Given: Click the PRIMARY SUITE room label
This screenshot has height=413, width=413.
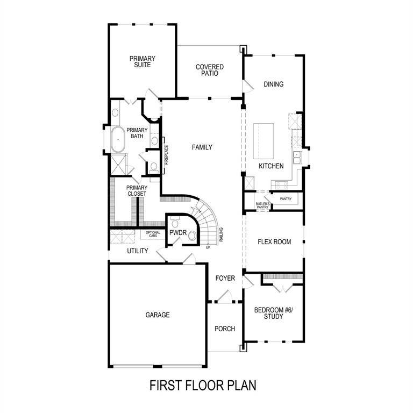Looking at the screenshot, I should point(143,61).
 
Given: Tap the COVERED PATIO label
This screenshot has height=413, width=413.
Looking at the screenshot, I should point(210,70).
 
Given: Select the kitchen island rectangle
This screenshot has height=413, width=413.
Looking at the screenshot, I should point(264,141).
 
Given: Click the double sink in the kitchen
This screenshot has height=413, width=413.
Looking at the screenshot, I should point(296,157).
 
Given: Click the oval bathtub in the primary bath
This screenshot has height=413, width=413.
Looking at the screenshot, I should point(117,140).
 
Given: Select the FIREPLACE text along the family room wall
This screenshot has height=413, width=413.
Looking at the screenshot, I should point(167,154).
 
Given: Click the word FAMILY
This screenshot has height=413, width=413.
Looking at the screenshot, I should point(202,147).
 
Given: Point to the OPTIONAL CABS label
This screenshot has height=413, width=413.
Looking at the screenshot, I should point(153,234).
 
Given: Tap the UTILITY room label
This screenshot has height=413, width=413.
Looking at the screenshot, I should point(138,251).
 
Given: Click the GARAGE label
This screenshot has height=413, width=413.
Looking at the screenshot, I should point(158,315).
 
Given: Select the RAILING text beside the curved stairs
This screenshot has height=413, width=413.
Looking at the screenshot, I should point(221,236).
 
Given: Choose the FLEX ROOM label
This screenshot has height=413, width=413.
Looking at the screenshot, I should point(275,242).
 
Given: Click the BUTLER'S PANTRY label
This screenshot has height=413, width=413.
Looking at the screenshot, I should point(262,205).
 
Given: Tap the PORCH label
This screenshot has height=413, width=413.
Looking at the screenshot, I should point(225,329).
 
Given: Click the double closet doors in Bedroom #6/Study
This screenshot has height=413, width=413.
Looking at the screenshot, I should point(282,288).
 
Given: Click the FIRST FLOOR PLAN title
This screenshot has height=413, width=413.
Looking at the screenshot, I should point(203,385).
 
